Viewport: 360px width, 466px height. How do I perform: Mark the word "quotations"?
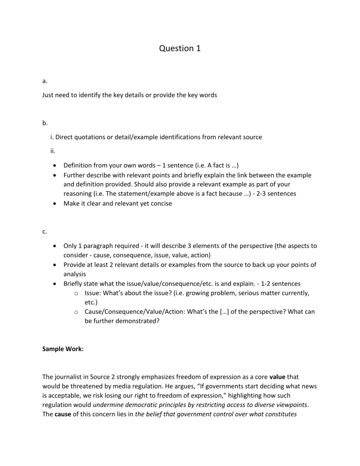point(96,137)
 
